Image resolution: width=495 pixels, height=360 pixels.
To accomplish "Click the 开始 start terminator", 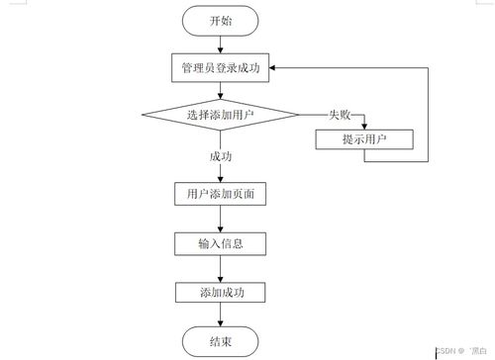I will click(221, 20).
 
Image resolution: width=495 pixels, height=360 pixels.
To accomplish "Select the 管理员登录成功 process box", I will click(221, 67).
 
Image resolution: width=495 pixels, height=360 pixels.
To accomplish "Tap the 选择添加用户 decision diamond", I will click(220, 115).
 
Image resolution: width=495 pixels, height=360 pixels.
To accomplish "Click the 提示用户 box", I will click(364, 138).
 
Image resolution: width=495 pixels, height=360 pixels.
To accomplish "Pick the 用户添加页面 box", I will click(221, 194).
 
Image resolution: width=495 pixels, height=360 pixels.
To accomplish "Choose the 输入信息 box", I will click(221, 242).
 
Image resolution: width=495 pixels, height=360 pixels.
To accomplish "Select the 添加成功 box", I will click(221, 292).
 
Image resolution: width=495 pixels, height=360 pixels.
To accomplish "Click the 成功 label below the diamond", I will click(221, 156).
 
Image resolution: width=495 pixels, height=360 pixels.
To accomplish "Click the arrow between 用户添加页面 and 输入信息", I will click(221, 218).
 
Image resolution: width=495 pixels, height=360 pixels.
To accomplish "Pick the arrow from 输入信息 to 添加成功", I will click(221, 267).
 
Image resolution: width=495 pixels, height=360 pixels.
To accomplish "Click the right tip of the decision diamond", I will click(298, 115).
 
